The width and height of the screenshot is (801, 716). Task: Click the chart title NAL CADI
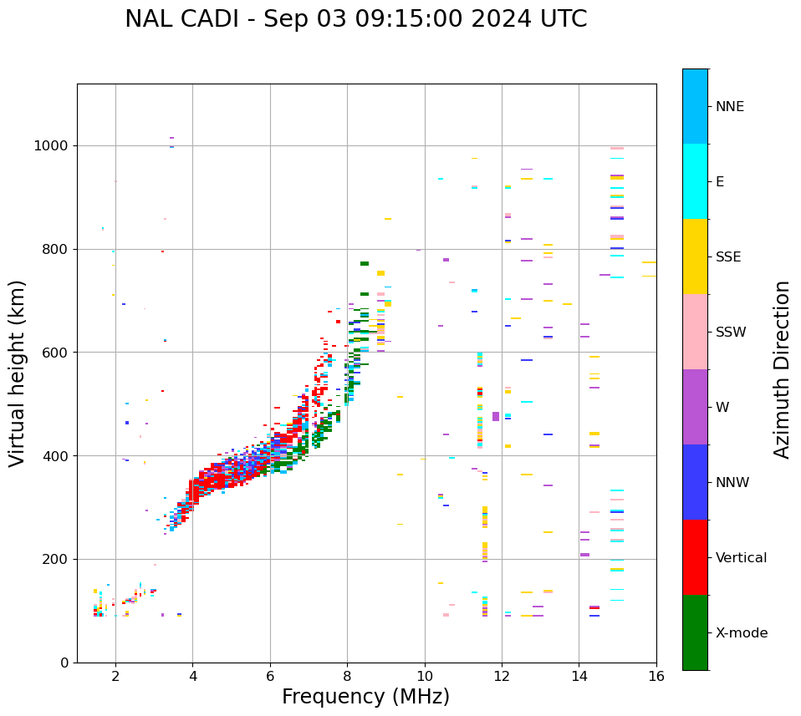click(355, 19)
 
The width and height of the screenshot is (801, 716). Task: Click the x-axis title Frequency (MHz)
click(365, 697)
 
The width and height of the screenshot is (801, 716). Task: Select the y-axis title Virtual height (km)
click(18, 373)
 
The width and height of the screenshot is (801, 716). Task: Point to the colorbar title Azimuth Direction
click(782, 369)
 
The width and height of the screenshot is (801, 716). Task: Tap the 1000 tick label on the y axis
click(51, 146)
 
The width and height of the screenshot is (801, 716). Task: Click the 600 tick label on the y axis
click(55, 353)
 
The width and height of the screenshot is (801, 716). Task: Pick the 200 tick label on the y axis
click(55, 559)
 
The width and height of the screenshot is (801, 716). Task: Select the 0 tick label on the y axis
click(64, 663)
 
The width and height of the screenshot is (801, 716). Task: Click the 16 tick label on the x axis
click(656, 676)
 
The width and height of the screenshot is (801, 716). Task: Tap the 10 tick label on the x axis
click(425, 676)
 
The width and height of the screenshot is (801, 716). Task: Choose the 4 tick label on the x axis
click(192, 676)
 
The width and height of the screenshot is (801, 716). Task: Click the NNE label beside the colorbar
click(729, 107)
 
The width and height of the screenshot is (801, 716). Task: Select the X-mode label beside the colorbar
click(741, 633)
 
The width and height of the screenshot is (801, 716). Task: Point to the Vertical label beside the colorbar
click(741, 558)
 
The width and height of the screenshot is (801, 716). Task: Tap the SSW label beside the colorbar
click(731, 333)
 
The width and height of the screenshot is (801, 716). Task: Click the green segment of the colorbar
click(695, 632)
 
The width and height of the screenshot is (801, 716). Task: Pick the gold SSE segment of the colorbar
click(695, 256)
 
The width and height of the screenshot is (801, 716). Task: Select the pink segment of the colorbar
click(695, 332)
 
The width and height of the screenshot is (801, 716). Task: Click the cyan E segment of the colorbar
click(695, 181)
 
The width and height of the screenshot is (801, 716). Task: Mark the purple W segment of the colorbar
click(695, 407)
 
